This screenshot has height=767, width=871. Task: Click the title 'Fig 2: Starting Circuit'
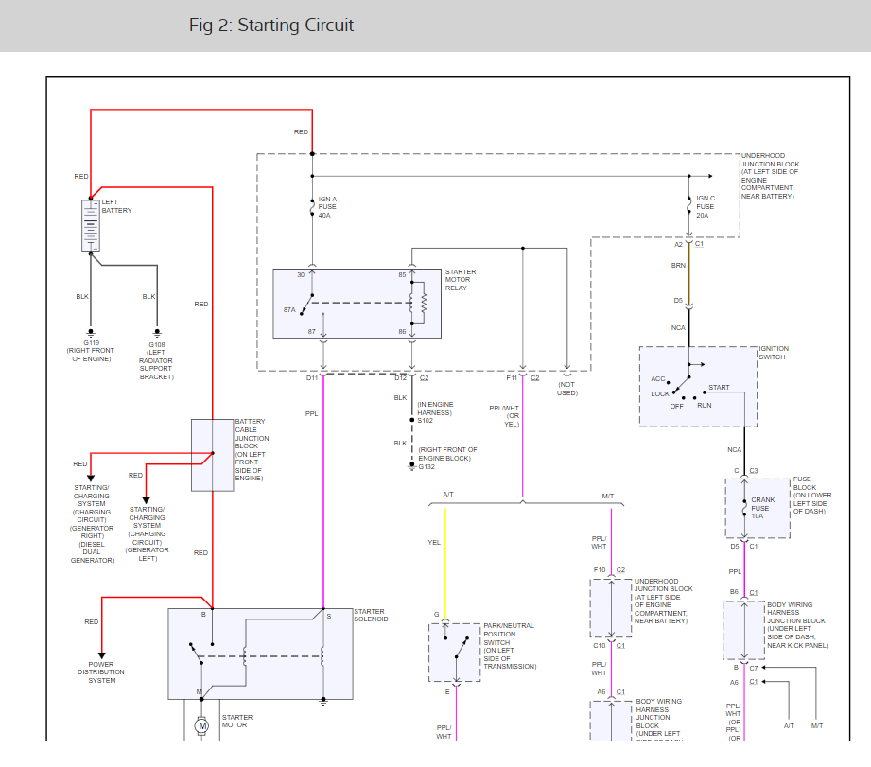click(x=270, y=26)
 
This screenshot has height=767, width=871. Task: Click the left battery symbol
click(x=91, y=225)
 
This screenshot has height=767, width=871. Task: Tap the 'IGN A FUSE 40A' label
click(x=327, y=208)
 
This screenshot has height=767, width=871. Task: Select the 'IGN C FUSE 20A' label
click(x=706, y=207)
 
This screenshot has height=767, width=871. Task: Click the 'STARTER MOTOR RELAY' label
click(x=461, y=280)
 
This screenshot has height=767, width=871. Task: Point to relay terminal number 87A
click(x=289, y=309)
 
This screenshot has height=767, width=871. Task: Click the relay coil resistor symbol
click(x=423, y=304)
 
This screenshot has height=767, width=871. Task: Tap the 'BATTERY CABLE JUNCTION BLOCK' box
click(x=213, y=455)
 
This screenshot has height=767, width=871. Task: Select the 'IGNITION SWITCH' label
click(x=774, y=353)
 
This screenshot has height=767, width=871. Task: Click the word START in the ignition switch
click(x=719, y=387)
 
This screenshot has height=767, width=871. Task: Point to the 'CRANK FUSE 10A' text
click(x=762, y=507)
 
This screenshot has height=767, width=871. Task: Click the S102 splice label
click(x=426, y=420)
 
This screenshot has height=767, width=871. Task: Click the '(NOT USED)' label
click(x=566, y=388)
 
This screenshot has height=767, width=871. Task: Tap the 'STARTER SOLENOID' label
click(x=370, y=616)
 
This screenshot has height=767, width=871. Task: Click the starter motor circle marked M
click(x=200, y=726)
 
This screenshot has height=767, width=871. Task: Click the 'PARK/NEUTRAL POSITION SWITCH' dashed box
click(x=455, y=652)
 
